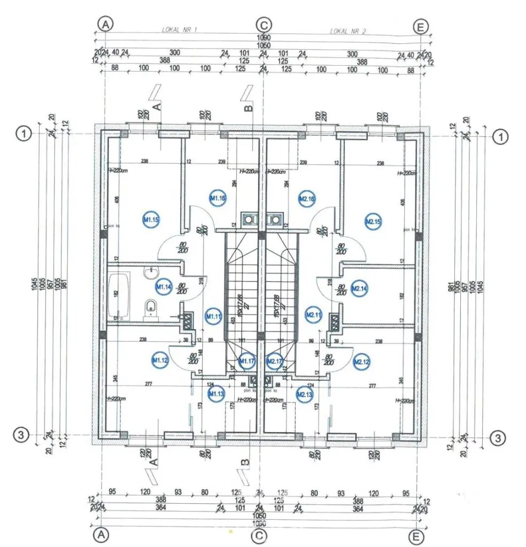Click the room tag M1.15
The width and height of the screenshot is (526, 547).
[151, 219]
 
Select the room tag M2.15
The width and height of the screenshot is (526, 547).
[373, 221]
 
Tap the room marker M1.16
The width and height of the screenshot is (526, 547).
[218, 198]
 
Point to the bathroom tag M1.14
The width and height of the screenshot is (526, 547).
[164, 287]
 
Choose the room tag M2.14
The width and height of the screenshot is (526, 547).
[359, 288]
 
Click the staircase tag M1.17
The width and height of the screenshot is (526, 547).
[247, 362]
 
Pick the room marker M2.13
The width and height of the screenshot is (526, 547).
[304, 394]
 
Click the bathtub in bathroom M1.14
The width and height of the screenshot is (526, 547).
[119, 295]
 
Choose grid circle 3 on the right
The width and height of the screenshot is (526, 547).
[498, 437]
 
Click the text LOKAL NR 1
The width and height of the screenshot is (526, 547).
[180, 30]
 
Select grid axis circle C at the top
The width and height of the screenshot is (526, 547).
[264, 25]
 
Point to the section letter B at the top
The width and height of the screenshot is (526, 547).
[248, 108]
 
